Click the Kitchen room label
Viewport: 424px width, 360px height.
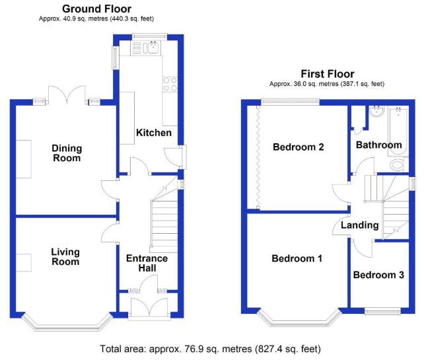coord(154,133)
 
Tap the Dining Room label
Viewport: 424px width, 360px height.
coord(67,153)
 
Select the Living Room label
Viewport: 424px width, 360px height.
coord(65,257)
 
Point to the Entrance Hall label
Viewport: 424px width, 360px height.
coord(147,263)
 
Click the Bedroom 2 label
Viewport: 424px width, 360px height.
coord(299,147)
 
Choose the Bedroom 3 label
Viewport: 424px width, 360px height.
coord(378,275)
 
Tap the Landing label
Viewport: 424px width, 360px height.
coord(359,225)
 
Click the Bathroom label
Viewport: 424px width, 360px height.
coord(379,145)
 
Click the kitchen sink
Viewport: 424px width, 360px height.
coord(153,47)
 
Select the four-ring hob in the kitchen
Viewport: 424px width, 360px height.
coord(170,84)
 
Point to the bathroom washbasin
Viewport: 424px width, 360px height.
coord(376,112)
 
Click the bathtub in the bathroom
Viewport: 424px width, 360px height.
coord(398,131)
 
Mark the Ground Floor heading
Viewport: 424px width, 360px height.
coord(96,9)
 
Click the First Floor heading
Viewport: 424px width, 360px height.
coord(328,74)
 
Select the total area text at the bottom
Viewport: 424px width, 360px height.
coord(211,349)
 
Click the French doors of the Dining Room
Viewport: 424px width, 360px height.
coord(67,95)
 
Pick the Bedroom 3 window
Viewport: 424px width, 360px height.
coord(382,311)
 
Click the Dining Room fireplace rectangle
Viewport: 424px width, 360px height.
coord(24,159)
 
